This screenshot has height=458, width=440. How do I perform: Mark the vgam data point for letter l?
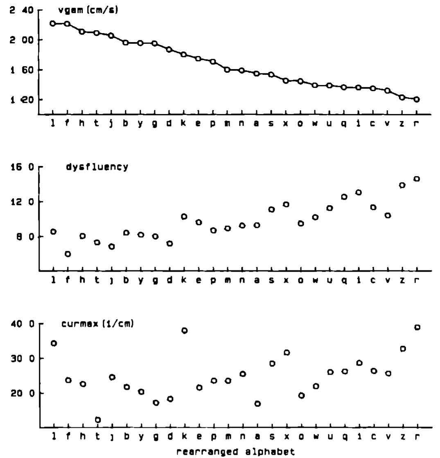53,23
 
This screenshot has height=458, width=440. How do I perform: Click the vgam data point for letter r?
417,99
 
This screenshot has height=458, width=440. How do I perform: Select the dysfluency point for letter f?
68,254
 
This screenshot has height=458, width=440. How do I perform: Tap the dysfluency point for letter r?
417,179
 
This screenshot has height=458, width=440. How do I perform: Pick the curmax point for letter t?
98,420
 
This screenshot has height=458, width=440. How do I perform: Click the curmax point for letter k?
185,331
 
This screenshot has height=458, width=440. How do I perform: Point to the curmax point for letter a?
257,404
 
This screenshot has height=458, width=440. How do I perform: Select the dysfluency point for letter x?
286,204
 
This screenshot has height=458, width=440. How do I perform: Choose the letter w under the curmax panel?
315,437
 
